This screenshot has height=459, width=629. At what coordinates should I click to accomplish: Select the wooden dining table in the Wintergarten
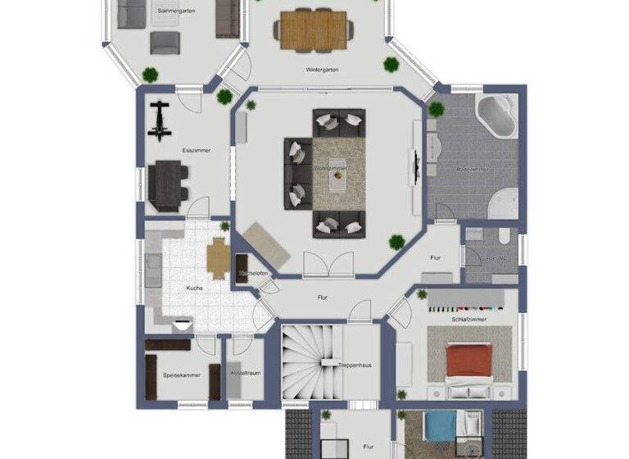pos(313,30)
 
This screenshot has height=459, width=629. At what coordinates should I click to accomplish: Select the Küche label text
pos(194,289)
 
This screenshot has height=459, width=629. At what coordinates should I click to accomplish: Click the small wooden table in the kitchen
pos(218,258)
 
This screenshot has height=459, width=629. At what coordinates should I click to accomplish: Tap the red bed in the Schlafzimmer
pos(468,361)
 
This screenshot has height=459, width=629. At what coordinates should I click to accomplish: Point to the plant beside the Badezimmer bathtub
pos(436,108)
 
